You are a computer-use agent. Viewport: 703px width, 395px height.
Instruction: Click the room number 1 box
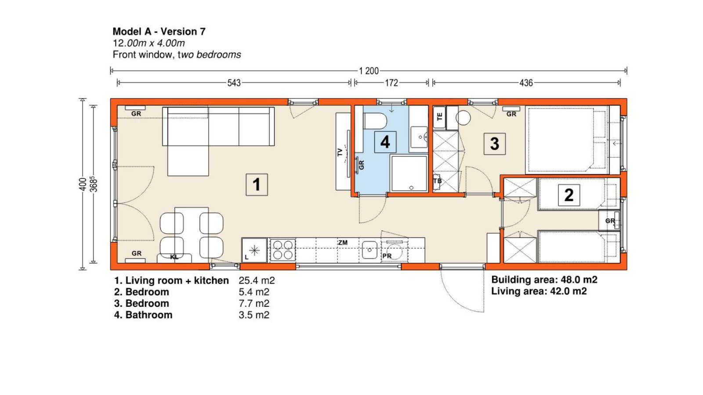click(257, 185)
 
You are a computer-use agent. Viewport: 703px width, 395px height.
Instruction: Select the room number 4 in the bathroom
click(385, 142)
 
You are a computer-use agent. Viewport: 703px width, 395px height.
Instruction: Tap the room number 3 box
click(495, 144)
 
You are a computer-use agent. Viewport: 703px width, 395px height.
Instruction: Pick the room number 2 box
click(569, 195)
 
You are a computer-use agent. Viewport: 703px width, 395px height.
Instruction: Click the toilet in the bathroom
click(375, 121)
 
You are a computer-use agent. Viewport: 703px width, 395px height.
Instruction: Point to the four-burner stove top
click(283, 250)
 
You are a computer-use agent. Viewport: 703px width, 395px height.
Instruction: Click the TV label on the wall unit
click(340, 152)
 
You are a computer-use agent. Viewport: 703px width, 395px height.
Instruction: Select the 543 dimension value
click(234, 83)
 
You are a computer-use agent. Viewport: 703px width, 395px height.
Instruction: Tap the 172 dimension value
click(391, 83)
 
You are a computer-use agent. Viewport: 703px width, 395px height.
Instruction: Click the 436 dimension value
click(526, 83)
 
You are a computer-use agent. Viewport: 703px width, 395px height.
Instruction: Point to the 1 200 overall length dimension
click(369, 71)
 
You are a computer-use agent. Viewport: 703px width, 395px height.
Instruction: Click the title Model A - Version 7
click(159, 31)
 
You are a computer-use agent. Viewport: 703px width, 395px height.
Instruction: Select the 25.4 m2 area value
click(257, 280)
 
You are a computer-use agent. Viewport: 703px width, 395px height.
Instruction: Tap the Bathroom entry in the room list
click(149, 315)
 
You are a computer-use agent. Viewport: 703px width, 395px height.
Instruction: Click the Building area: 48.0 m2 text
click(544, 280)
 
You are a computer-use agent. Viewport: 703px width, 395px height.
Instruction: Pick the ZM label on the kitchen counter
click(343, 243)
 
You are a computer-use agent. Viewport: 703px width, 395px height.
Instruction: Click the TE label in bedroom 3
click(439, 117)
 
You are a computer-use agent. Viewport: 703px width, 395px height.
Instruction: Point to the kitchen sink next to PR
click(370, 250)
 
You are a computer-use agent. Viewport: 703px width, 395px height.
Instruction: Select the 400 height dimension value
click(83, 184)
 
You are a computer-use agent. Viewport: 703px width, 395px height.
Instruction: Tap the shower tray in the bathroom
click(409, 173)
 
